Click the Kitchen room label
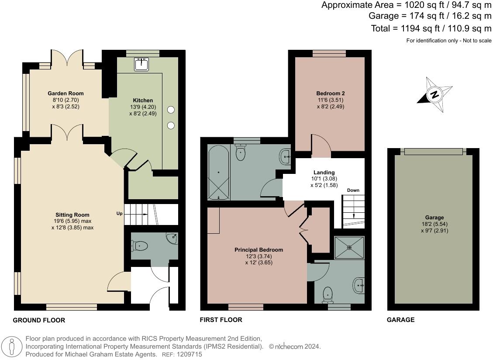click(x=143, y=100)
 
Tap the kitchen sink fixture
click(x=141, y=64)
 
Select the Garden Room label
click(x=66, y=93)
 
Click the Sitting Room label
click(x=72, y=215)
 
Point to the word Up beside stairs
click(x=120, y=214)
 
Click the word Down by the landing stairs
click(x=353, y=190)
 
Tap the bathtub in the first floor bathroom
click(x=219, y=172)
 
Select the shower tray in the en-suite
click(x=349, y=248)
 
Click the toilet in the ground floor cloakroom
click(x=140, y=246)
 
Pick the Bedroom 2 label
click(x=331, y=93)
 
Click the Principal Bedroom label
click(x=259, y=249)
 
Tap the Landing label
click(x=324, y=172)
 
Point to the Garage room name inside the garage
click(x=434, y=218)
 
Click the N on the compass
click(x=434, y=94)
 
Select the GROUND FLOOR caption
click(x=39, y=320)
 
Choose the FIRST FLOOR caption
click(x=221, y=320)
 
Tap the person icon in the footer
click(x=12, y=347)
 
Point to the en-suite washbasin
click(x=359, y=285)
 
